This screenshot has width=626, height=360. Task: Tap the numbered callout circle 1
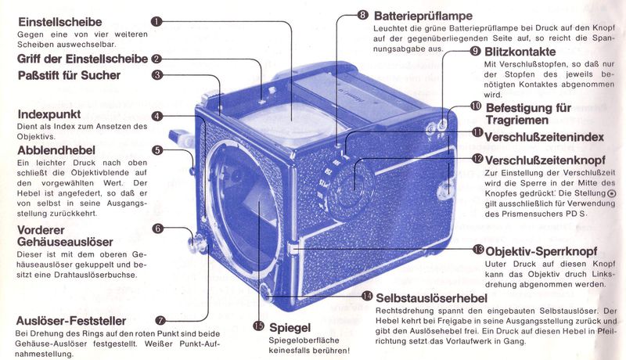157,21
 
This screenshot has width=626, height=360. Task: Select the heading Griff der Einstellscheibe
84,59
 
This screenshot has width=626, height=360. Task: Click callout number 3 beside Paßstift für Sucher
157,76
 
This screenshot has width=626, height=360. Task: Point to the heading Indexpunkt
51,114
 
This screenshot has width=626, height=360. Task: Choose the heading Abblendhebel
57,149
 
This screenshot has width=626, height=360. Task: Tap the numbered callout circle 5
157,150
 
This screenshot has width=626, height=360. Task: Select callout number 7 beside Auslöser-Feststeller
160,320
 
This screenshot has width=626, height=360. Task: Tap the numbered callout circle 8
362,14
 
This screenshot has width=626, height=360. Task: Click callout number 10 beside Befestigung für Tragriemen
476,106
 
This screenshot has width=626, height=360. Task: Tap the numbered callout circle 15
257,326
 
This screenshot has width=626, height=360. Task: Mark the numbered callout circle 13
478,250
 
